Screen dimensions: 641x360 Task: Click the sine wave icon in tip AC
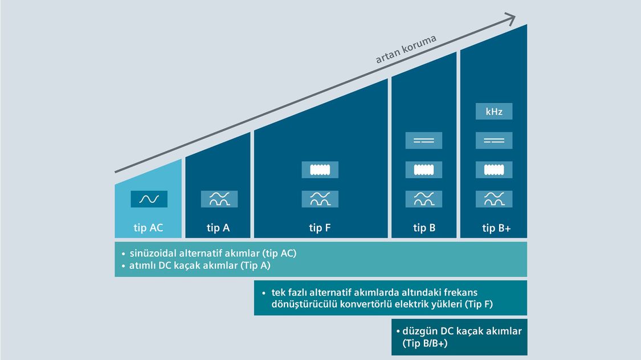149,199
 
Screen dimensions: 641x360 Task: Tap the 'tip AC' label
148,228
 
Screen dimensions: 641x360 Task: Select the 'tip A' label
218,228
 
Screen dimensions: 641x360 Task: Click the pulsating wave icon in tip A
219,199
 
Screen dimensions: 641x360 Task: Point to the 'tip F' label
320,228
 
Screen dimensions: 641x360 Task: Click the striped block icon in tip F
320,170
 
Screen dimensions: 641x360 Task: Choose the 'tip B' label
424,228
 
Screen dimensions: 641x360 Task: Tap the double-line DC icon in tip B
423,141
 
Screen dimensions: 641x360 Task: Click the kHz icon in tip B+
494,111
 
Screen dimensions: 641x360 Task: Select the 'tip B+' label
496,228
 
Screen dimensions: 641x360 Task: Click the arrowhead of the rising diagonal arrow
511,18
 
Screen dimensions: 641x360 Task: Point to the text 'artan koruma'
406,50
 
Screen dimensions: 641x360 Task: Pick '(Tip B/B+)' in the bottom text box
424,343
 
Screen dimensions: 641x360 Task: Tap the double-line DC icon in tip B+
494,141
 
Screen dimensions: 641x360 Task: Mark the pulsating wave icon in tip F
320,199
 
